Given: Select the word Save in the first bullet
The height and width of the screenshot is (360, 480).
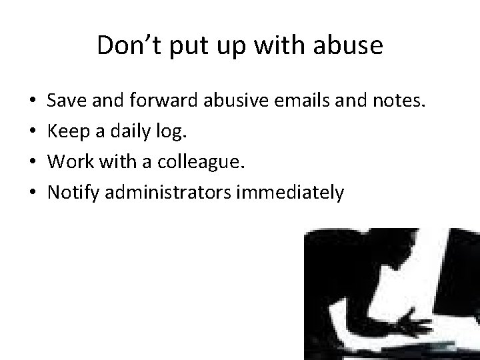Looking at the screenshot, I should click(65, 101).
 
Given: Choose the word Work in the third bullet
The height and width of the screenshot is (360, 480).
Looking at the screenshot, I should click(67, 162).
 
